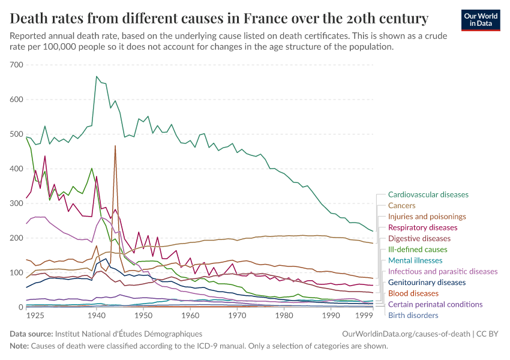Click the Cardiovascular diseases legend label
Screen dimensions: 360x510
click(x=428, y=194)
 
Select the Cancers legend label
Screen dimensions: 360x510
click(x=401, y=205)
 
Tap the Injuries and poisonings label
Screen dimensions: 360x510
click(x=427, y=216)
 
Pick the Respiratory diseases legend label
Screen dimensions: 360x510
click(x=422, y=227)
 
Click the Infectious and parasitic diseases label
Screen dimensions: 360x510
click(x=443, y=271)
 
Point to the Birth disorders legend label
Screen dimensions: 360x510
click(x=413, y=315)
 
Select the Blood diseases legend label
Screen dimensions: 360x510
click(x=413, y=293)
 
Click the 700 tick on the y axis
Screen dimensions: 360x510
click(x=16, y=65)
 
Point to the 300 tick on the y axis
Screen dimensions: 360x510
click(x=16, y=203)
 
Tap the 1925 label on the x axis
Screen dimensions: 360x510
click(x=35, y=315)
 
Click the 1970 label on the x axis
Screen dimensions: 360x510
click(x=237, y=315)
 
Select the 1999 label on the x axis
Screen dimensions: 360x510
click(x=365, y=315)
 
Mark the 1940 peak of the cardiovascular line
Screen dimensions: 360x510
click(x=97, y=77)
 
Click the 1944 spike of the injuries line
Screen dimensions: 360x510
click(x=115, y=146)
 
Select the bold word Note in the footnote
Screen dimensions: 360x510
click(x=19, y=346)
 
